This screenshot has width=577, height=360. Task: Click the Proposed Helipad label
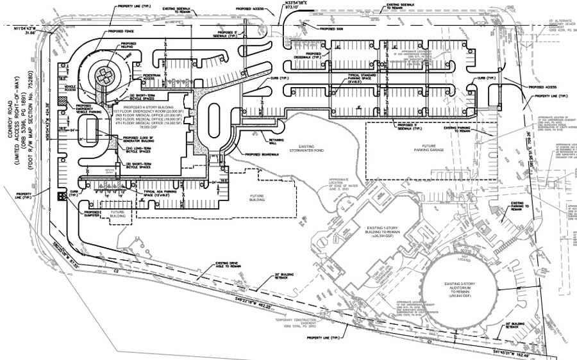click(x=128, y=46)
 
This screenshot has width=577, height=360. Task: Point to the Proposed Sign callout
click(x=330, y=29)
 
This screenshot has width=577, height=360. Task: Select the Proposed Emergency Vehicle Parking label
click(x=88, y=110)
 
